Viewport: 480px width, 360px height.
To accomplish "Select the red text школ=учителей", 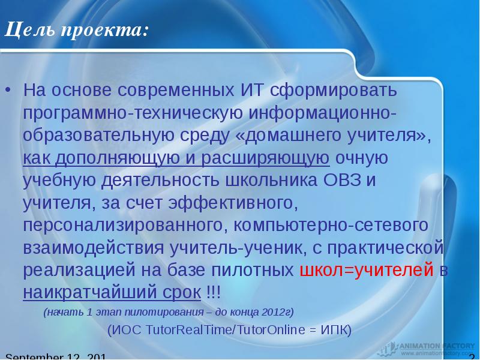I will [366, 270].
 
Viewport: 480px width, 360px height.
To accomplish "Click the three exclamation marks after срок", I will [213, 293].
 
